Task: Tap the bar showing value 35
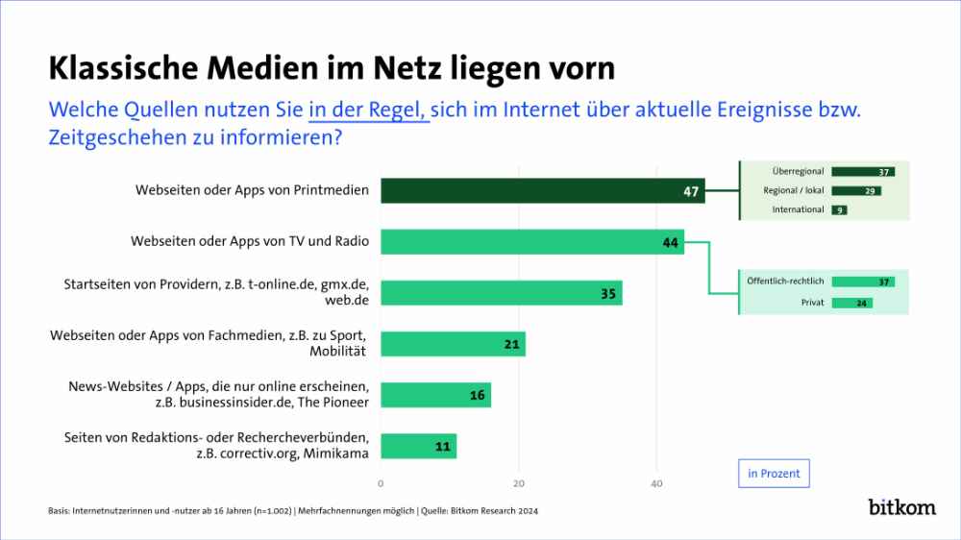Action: [x=501, y=292]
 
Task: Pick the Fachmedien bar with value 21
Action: [x=453, y=343]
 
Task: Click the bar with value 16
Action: [x=435, y=395]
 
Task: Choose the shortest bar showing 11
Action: [x=418, y=446]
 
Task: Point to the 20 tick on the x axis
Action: [x=519, y=482]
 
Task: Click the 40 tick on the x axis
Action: [x=656, y=482]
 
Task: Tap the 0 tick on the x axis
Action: [x=381, y=482]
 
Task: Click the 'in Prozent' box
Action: [x=773, y=474]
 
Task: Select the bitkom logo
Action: [x=901, y=506]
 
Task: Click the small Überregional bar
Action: [x=863, y=172]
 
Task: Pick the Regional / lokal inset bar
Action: [x=856, y=190]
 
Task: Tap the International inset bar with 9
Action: [x=839, y=209]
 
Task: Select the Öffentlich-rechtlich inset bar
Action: [x=863, y=282]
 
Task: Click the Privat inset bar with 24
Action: [x=851, y=303]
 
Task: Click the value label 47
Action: [x=690, y=191]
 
